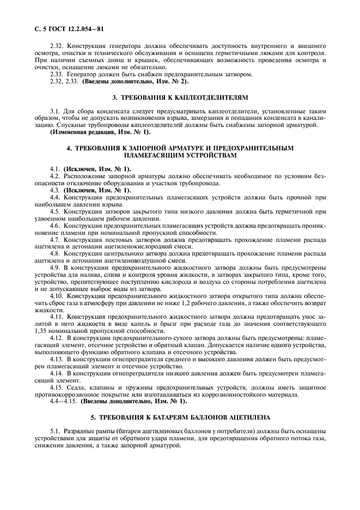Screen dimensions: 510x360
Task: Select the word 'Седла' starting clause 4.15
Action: (73, 387)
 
